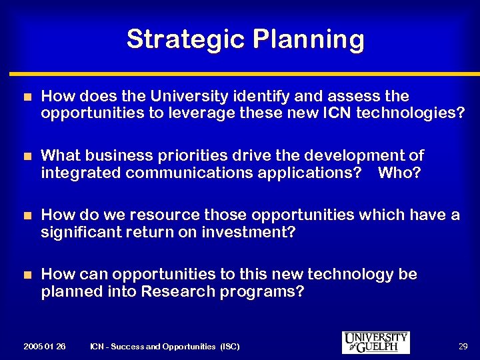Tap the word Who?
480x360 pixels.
pyautogui.click(x=399, y=173)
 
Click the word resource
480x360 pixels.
pyautogui.click(x=164, y=215)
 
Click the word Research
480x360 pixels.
pyautogui.click(x=176, y=291)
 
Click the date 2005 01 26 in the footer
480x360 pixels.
pyautogui.click(x=44, y=346)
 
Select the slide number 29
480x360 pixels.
pyautogui.click(x=463, y=346)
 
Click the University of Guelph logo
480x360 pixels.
pyautogui.click(x=375, y=342)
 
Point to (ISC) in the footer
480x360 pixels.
pyautogui.click(x=229, y=346)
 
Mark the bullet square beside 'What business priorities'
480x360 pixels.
pyautogui.click(x=27, y=156)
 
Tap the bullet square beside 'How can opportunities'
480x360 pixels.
pyautogui.click(x=27, y=275)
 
